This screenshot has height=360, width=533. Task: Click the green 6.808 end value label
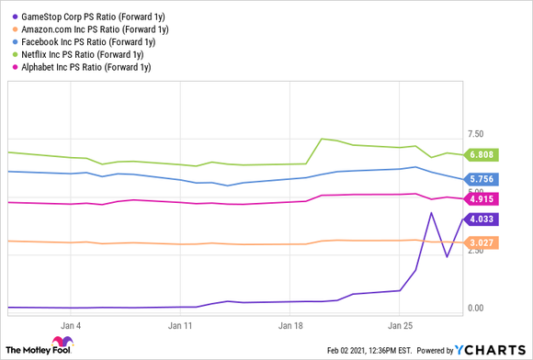click(x=482, y=154)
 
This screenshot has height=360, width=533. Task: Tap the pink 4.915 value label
click(x=482, y=199)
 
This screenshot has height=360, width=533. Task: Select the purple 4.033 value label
click(x=482, y=219)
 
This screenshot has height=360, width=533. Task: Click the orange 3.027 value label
click(x=482, y=242)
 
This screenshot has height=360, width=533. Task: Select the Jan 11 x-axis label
click(x=182, y=325)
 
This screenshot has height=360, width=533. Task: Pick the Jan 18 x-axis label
click(x=291, y=325)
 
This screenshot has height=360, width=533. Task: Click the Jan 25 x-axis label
click(x=401, y=325)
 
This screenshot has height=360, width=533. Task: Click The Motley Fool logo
click(x=41, y=349)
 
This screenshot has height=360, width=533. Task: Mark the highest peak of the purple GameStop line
click(x=430, y=213)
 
